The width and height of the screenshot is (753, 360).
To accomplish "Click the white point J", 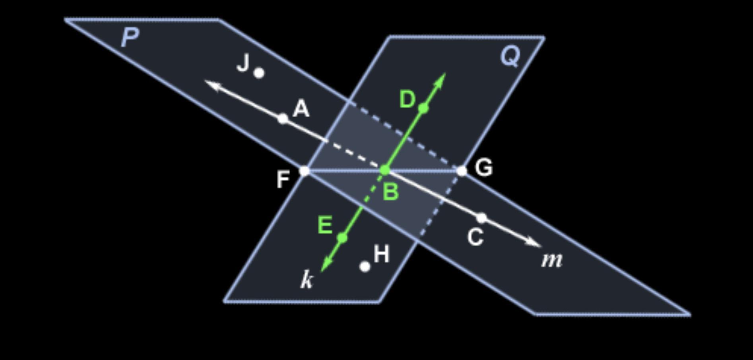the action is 259,73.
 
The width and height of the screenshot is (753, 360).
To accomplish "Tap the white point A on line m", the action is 283,118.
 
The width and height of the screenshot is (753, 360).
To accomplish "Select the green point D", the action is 423,108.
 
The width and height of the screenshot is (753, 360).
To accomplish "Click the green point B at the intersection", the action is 384,170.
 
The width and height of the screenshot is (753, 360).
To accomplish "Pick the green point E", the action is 342,238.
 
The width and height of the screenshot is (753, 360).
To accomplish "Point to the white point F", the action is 304,171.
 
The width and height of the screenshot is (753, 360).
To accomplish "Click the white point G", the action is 461,171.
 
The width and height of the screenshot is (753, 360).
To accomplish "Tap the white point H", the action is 365,267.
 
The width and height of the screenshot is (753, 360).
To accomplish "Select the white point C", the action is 481,218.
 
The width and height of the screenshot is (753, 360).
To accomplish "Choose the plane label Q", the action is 510,56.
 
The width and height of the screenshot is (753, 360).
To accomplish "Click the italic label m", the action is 552,260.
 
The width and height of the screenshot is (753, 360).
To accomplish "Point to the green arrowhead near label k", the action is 326,264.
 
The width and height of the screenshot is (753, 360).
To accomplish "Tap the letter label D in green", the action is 408,99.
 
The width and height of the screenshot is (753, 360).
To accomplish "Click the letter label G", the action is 484,167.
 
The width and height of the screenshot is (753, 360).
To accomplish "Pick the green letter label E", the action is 325,226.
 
